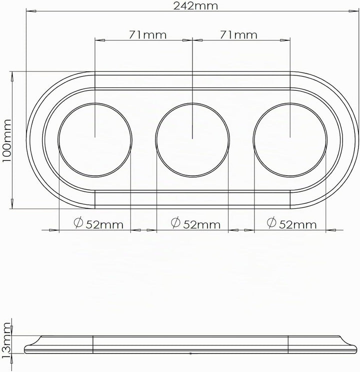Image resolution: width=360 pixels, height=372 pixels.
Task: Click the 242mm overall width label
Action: (x=195, y=5)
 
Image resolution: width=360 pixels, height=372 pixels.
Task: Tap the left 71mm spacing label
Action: (x=147, y=35)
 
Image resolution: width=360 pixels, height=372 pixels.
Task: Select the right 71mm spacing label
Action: (x=238, y=35)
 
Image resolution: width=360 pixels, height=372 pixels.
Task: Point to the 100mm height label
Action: (x=6, y=140)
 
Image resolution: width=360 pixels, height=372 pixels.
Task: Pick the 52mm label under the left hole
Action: (x=104, y=225)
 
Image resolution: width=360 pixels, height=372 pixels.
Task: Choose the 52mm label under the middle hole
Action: (x=201, y=224)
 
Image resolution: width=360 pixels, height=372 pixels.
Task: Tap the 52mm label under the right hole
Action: (x=297, y=224)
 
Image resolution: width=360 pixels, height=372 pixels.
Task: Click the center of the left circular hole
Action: (x=95, y=140)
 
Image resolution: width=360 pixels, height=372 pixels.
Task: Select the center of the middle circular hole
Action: (x=192, y=140)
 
